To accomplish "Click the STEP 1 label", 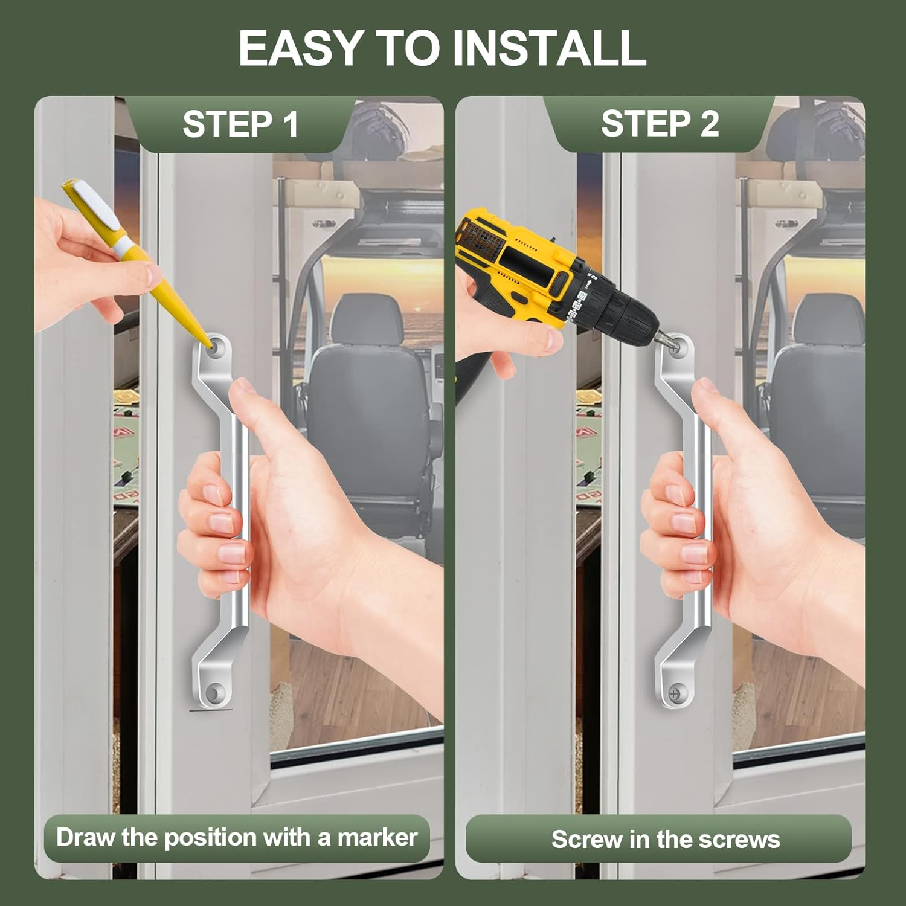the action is (x=240, y=124).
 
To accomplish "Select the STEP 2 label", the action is (x=660, y=124).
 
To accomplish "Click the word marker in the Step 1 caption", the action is (x=377, y=838).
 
